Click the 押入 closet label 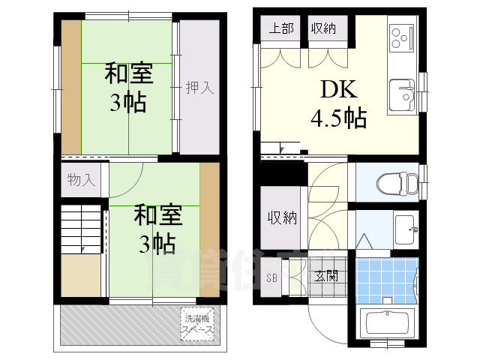200,88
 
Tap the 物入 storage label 81,180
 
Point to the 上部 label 281,29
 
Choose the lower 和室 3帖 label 155,229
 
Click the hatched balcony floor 120,324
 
